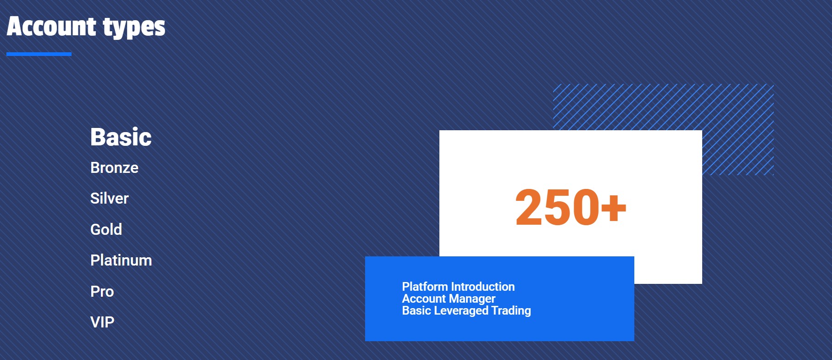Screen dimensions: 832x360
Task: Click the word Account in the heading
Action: coord(51,26)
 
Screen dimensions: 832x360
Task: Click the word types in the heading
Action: coord(134,28)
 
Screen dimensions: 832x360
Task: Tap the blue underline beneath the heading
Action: coord(39,54)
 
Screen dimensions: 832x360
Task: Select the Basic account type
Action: coord(121,137)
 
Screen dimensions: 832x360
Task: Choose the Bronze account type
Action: coord(114,168)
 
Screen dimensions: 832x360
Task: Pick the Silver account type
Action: coord(110,199)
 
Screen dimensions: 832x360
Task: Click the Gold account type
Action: coord(106,229)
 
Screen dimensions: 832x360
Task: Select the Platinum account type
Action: coord(121,260)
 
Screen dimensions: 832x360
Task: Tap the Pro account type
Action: coord(102,291)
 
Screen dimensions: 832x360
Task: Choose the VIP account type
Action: coord(102,322)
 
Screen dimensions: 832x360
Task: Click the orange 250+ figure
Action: coord(571,207)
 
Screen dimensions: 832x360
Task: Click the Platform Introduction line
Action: coord(458,287)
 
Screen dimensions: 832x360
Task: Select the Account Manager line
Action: coord(449,299)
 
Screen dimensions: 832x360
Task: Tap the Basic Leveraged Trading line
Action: coord(466,311)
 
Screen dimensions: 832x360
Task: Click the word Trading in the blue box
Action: coord(511,311)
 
